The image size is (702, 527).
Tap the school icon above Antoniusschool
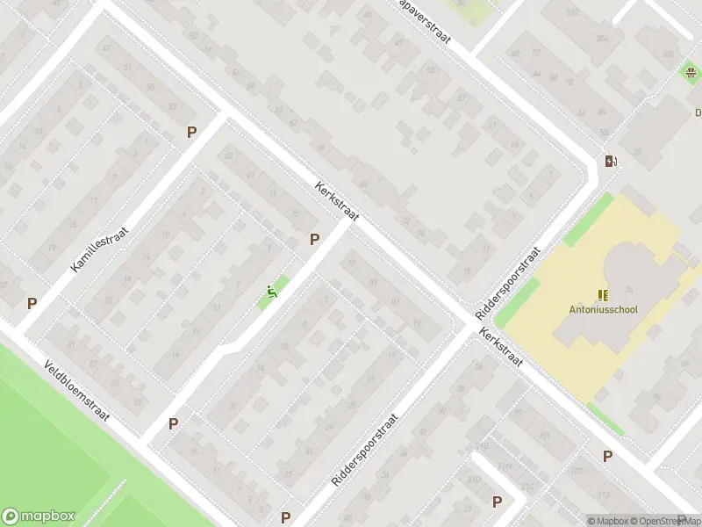(602, 294)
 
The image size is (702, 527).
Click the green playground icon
(273, 292)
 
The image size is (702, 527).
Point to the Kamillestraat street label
(100, 248)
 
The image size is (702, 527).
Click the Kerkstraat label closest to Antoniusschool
(501, 349)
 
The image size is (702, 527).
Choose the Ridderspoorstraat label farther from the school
(365, 451)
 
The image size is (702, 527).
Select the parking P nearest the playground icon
(314, 239)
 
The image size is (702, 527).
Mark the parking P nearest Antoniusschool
(606, 456)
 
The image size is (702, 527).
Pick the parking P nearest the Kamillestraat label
(191, 133)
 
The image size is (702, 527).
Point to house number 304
(601, 38)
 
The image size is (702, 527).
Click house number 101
(544, 436)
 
